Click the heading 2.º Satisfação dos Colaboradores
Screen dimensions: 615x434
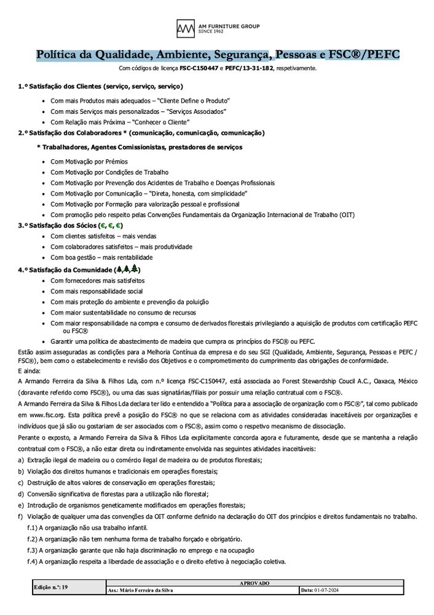(141, 133)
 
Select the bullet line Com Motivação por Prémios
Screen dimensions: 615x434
(89, 161)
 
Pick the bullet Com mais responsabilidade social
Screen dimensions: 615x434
(97, 291)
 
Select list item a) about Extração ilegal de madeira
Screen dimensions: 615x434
(141, 461)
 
